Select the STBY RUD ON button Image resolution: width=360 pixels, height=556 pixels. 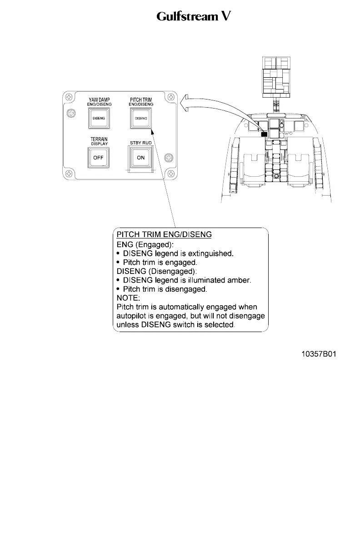[x=141, y=158]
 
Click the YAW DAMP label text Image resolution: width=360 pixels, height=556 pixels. [x=99, y=99]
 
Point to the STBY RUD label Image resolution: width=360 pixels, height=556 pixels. [x=141, y=143]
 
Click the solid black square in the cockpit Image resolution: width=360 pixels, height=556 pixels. [x=264, y=134]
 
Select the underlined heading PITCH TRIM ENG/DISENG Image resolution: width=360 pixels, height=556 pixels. [x=164, y=235]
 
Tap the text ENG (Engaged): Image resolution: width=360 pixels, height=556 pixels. [x=140, y=244]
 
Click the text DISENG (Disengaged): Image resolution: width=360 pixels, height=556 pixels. [x=154, y=271]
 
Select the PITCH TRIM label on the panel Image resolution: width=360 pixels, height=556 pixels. [x=141, y=99]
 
